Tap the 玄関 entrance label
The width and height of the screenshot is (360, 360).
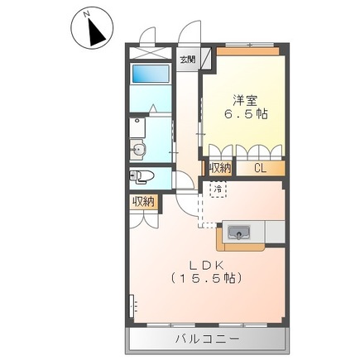[188, 60]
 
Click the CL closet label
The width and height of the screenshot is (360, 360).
[260, 168]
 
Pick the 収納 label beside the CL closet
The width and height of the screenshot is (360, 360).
[219, 168]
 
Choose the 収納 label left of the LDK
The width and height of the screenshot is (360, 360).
[142, 201]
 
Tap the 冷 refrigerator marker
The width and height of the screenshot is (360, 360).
[217, 190]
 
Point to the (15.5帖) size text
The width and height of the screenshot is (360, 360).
[207, 279]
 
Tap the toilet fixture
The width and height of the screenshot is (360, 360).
[142, 175]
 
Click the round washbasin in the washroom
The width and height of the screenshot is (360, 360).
[138, 150]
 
